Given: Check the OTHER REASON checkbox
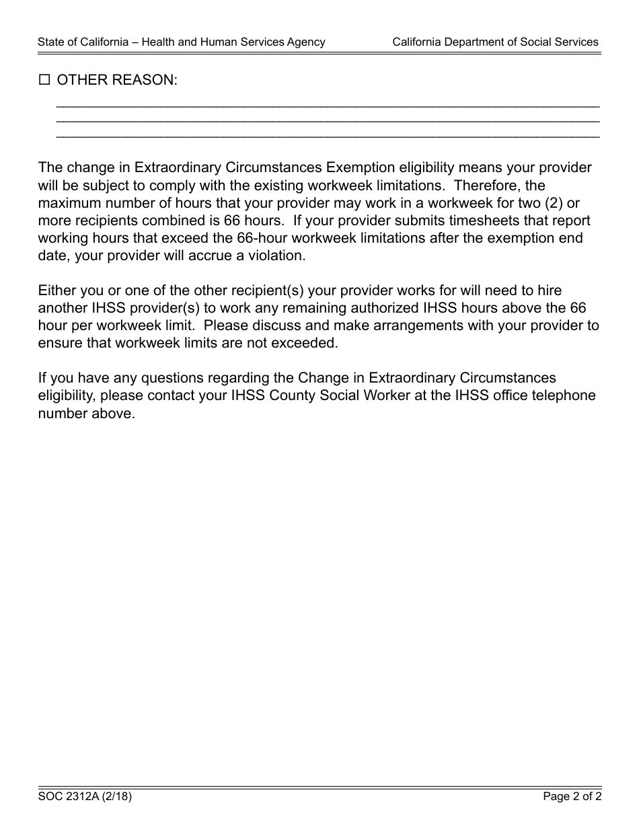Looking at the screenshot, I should tap(44, 81).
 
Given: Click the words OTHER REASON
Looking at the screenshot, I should tap(117, 81).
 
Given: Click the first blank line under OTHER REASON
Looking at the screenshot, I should tap(328, 106).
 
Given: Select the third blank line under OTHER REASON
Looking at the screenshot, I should tap(328, 136).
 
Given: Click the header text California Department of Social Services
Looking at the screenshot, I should tap(495, 42).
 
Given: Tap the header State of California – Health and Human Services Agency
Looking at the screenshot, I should tap(181, 42).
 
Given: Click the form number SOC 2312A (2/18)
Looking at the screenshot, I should tap(84, 797).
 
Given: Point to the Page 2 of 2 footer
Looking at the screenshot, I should tap(572, 797).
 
